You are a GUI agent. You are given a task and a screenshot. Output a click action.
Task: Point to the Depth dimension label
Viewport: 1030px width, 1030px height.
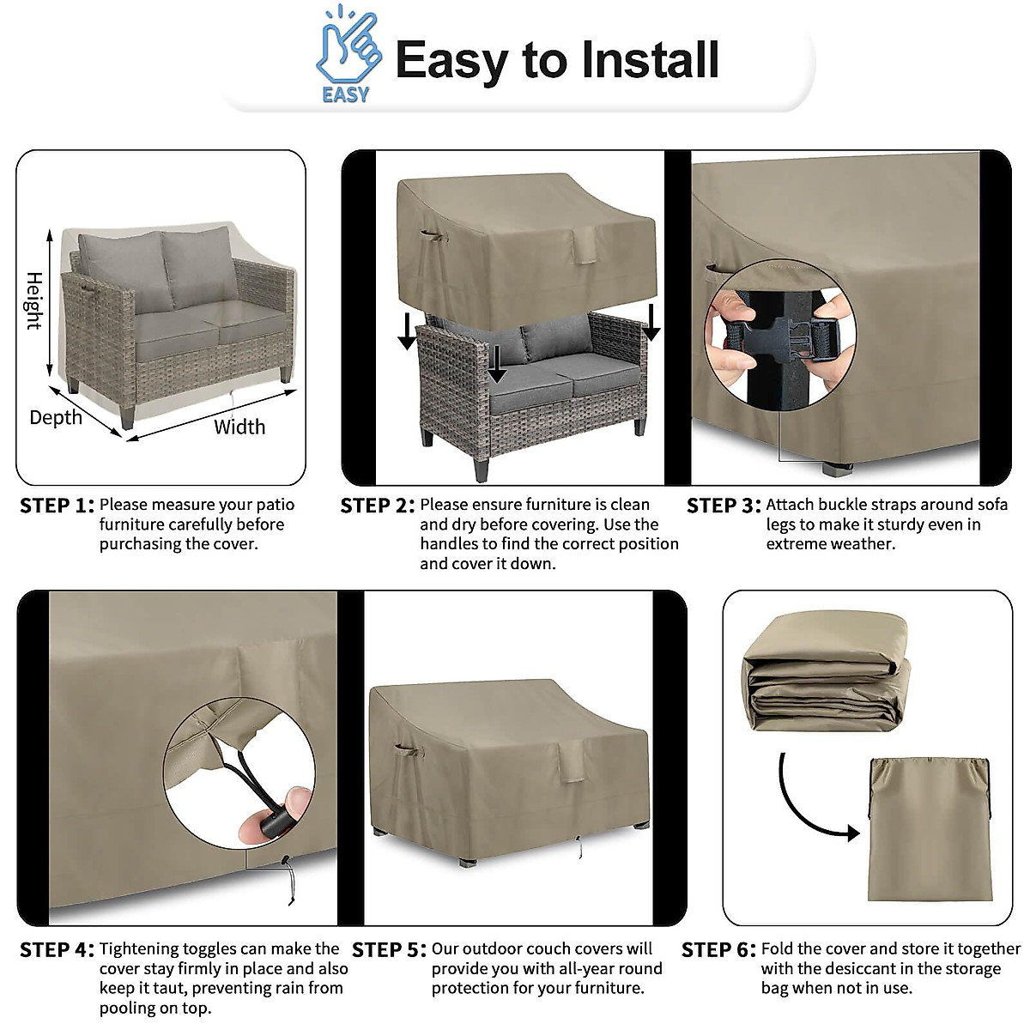coord(56,418)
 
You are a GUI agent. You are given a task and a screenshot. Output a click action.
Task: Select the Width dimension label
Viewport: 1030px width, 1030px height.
coord(239,427)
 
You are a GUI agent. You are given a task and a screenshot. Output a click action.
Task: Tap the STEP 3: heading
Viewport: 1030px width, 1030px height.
coord(724,506)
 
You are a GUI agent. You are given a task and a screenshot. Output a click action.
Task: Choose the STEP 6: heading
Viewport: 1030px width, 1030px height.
coord(718,950)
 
